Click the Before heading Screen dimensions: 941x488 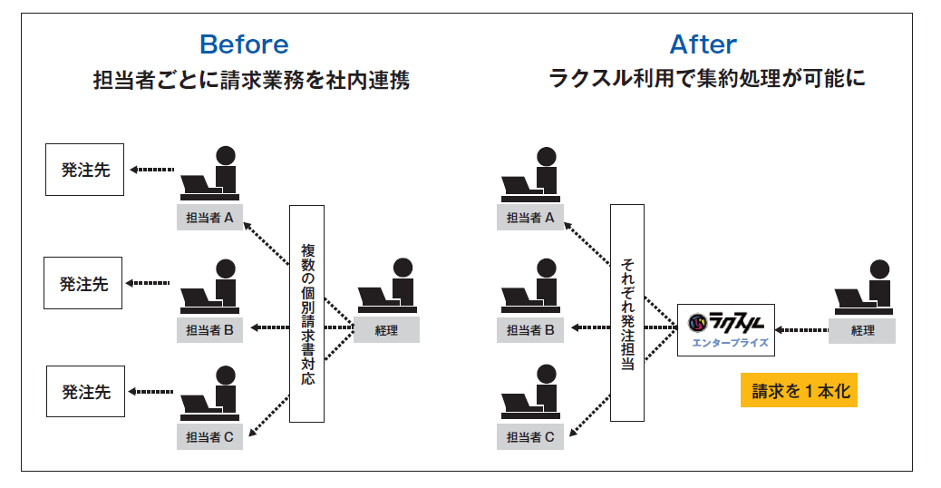244,44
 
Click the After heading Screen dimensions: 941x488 703,44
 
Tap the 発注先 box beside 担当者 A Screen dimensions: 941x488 84,170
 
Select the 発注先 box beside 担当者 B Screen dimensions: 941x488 82,283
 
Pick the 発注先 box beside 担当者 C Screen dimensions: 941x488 86,391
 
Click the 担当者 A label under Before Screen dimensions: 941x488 209,218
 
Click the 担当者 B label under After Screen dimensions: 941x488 530,329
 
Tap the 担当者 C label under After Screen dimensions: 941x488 530,436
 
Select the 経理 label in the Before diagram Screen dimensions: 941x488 386,329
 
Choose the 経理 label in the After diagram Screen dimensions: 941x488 862,330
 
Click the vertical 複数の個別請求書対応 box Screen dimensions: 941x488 306,313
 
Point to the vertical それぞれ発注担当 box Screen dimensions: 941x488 627,313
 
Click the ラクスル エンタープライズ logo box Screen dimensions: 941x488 726,330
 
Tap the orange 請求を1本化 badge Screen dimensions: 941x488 799,390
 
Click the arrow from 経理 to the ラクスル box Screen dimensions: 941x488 801,330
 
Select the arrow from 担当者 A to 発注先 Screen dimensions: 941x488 151,170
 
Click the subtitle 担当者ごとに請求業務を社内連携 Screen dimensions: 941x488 251,80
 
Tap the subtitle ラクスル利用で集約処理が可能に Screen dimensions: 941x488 706,78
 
